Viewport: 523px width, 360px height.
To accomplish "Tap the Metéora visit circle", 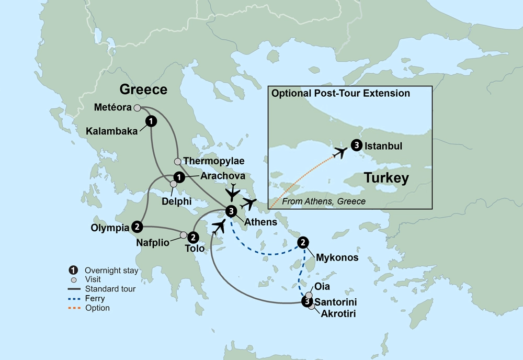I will coord(137,108).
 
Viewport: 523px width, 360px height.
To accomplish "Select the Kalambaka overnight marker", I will coord(151,121).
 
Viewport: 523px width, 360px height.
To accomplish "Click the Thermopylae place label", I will coord(213,161).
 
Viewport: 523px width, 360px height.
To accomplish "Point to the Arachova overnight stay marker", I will coord(178,177).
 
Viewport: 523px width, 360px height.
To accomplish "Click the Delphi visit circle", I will coord(173,184).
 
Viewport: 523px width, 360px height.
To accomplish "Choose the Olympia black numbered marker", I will coord(137,227).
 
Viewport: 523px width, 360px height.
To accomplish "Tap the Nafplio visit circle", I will coord(184,235).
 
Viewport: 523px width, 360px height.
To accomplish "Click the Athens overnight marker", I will coord(231,211).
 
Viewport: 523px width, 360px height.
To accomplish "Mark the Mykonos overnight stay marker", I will coord(303,242).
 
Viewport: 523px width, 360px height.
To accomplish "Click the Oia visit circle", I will coord(309,295).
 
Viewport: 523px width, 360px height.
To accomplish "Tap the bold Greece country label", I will coord(143,89).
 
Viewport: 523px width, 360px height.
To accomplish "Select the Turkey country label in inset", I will coord(386,178).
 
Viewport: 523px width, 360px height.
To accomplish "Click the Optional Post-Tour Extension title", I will coord(340,94).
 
